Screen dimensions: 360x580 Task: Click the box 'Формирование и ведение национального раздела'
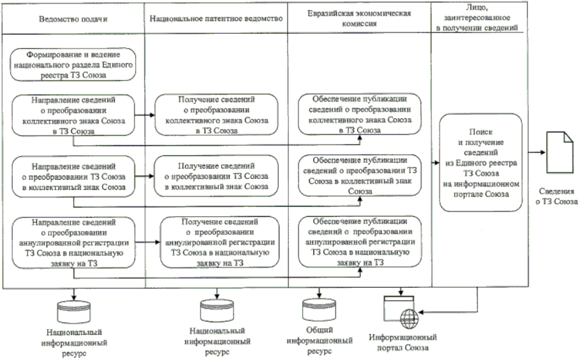tap(72, 63)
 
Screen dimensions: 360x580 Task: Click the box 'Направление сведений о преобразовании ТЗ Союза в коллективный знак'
tap(72, 176)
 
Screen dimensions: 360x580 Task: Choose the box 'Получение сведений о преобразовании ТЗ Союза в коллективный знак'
tap(215, 176)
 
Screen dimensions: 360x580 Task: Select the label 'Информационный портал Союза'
tap(403, 342)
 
